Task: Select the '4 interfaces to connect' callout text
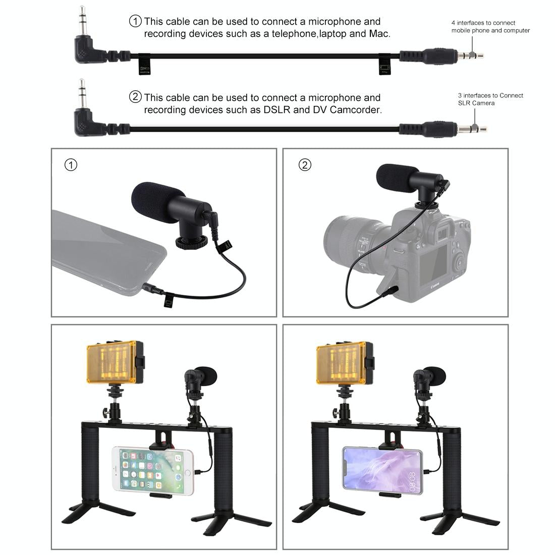pos(483,23)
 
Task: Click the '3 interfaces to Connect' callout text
pos(490,95)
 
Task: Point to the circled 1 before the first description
pos(136,21)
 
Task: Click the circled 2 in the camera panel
pos(305,165)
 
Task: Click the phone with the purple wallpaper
pos(382,469)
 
